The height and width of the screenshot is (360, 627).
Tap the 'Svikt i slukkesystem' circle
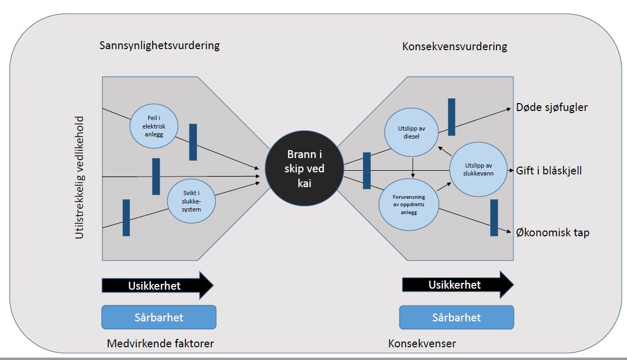191,201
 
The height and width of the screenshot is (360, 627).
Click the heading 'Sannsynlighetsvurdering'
159,45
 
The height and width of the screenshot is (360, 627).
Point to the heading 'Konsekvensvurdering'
454,47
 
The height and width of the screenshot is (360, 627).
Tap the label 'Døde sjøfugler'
551,108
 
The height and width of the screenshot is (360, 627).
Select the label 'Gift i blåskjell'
549,171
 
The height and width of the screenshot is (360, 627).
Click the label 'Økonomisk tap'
553,232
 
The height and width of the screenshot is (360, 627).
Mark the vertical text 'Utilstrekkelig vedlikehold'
79,174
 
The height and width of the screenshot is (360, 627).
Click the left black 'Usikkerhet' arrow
157,285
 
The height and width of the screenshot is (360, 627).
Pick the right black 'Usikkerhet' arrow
457,285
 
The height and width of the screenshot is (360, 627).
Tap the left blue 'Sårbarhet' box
159,317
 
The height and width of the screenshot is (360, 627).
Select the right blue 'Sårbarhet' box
456,317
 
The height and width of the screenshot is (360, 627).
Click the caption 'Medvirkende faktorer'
160,344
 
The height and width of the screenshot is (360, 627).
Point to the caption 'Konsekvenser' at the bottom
422,344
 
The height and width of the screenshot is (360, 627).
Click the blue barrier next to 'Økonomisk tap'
494,217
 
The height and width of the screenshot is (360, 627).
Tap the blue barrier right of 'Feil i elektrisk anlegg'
193,142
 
